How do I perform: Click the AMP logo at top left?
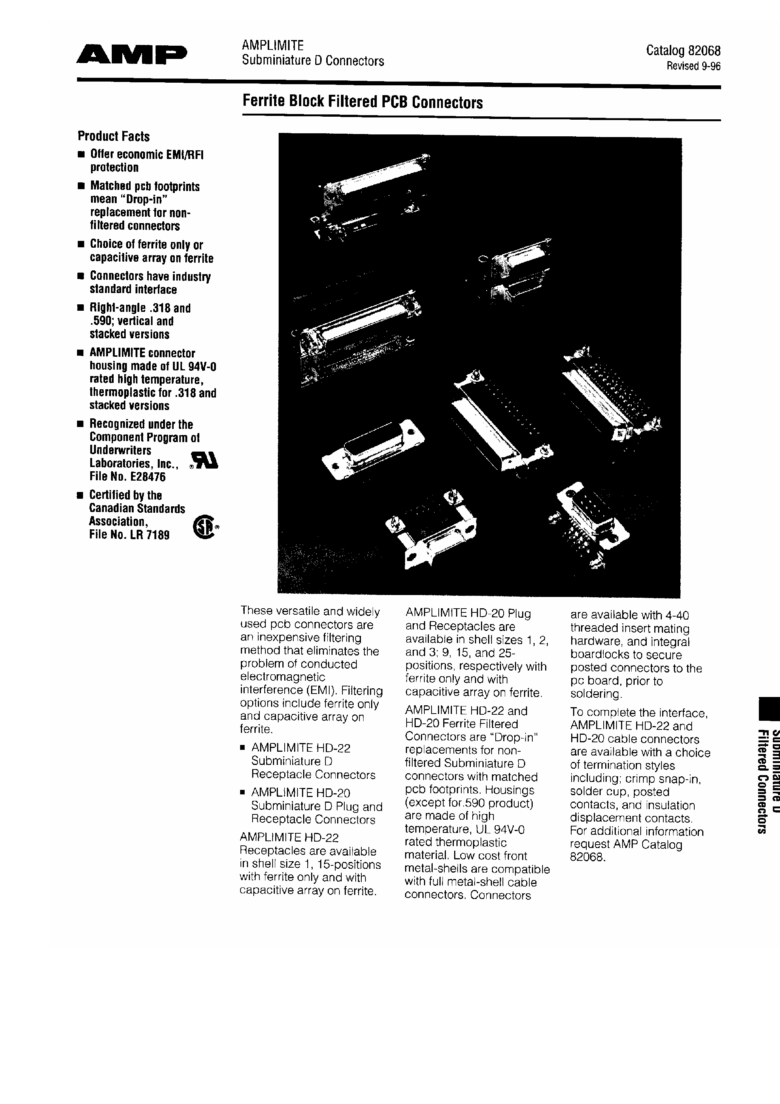click(x=131, y=55)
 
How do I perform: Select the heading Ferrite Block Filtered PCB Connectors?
click(x=362, y=102)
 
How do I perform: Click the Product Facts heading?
click(x=114, y=137)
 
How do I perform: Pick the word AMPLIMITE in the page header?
click(x=272, y=45)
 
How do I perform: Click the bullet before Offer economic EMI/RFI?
click(x=81, y=155)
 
